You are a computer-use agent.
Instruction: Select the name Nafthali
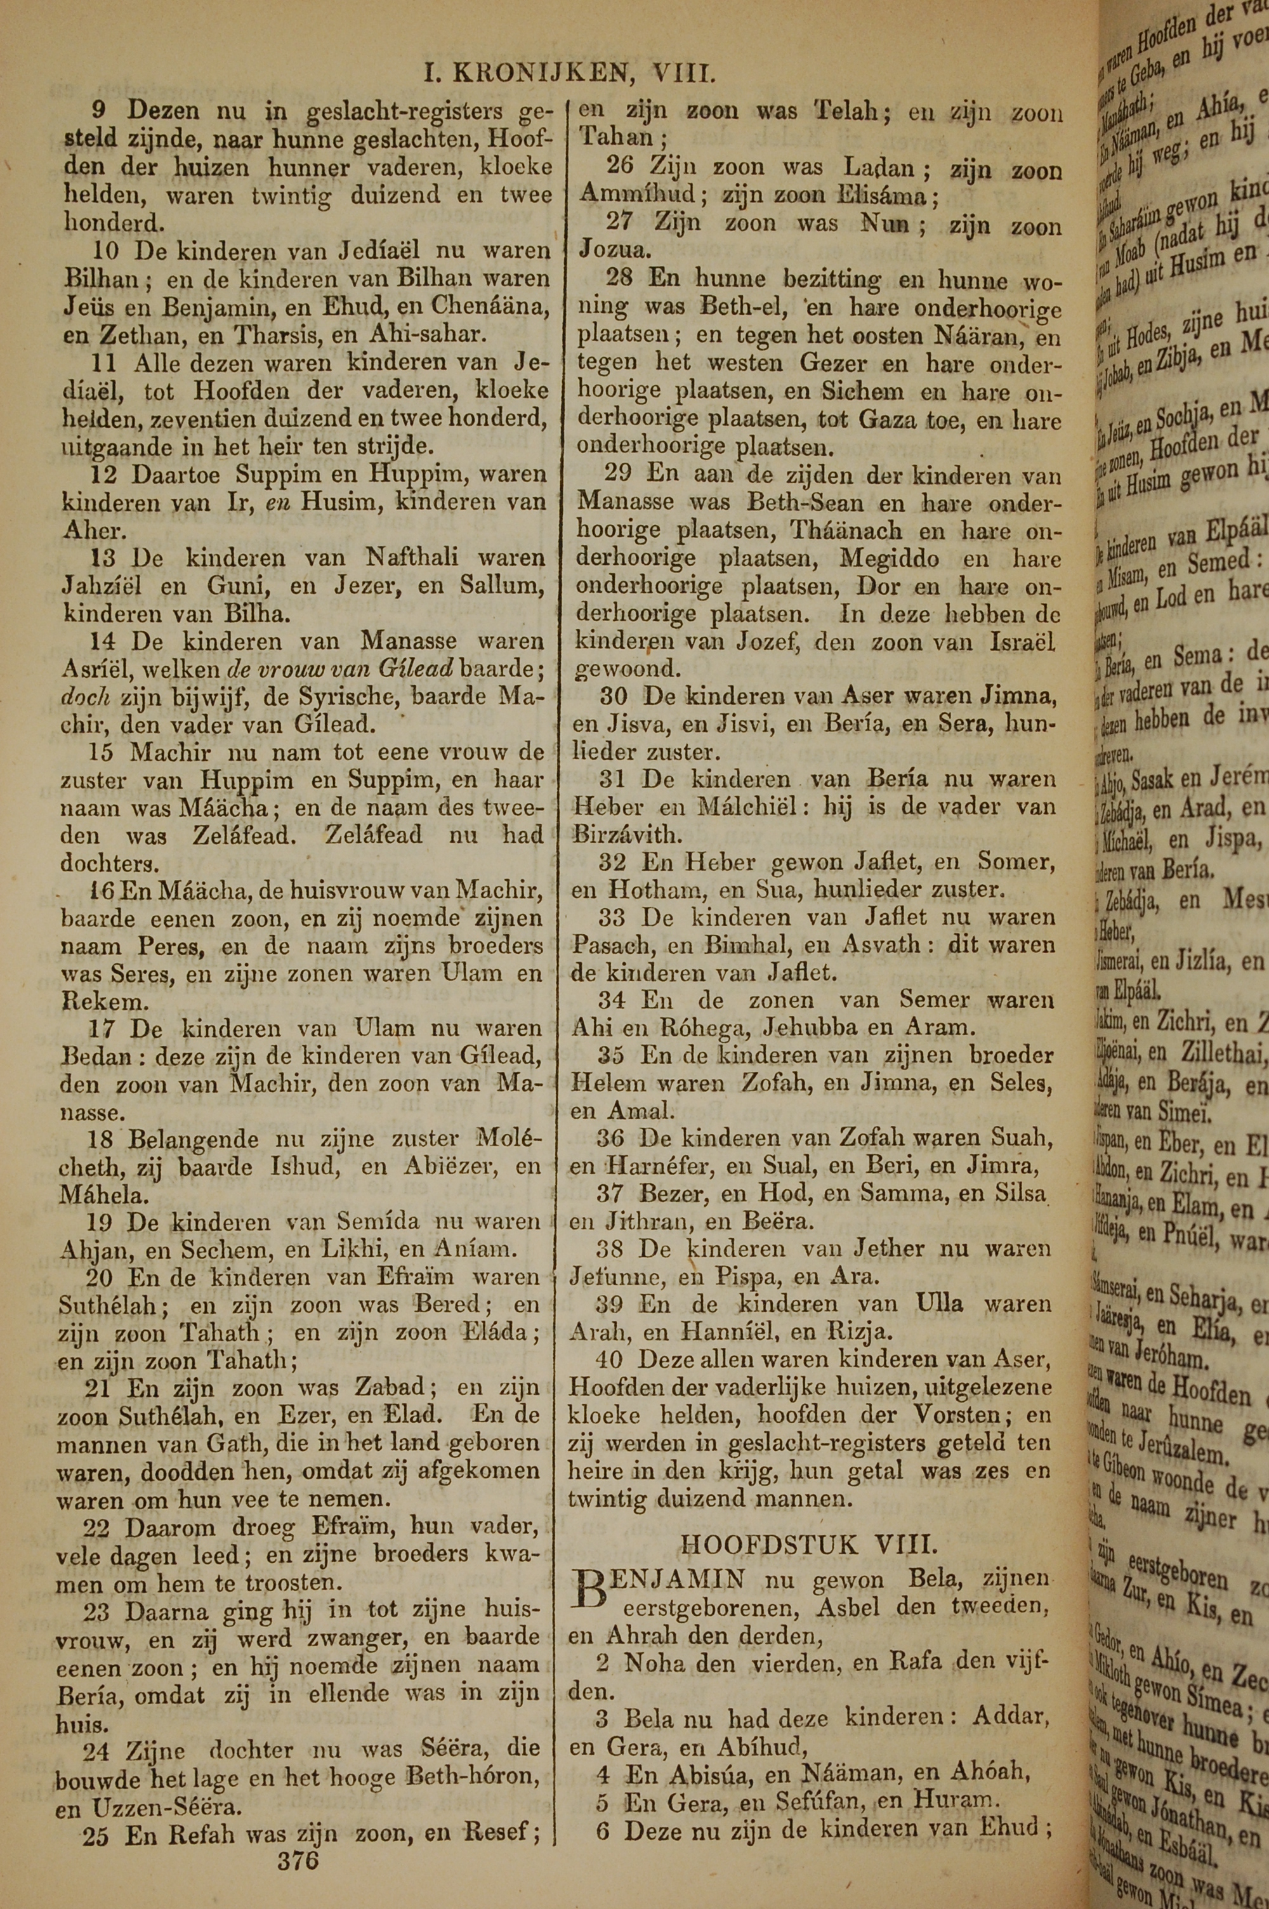point(411,558)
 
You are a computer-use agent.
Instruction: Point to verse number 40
point(610,1359)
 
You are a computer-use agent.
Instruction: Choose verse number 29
point(619,476)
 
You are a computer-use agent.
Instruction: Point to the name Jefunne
point(611,1277)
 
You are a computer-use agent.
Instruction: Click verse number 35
point(612,1056)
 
